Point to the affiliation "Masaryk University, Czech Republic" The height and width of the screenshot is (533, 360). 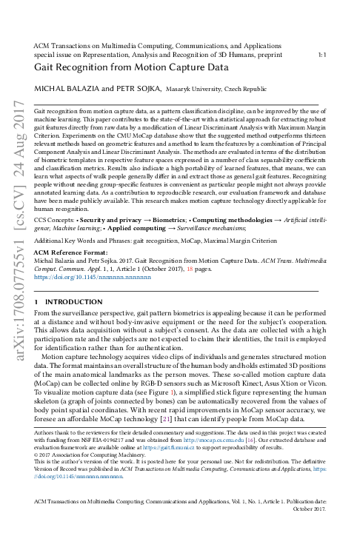pos(215,90)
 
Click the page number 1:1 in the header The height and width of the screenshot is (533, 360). pos(322,54)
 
